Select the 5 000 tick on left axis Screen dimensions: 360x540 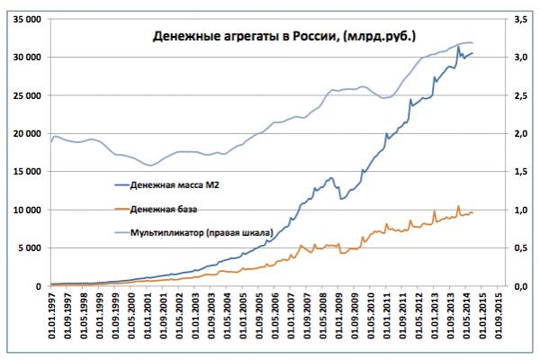coord(28,248)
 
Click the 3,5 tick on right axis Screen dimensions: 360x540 coord(520,18)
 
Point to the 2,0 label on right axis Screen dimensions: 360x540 coord(520,133)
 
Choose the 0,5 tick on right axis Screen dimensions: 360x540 coord(520,248)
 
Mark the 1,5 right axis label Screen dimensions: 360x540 coord(520,172)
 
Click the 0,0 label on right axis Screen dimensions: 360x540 coord(520,286)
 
